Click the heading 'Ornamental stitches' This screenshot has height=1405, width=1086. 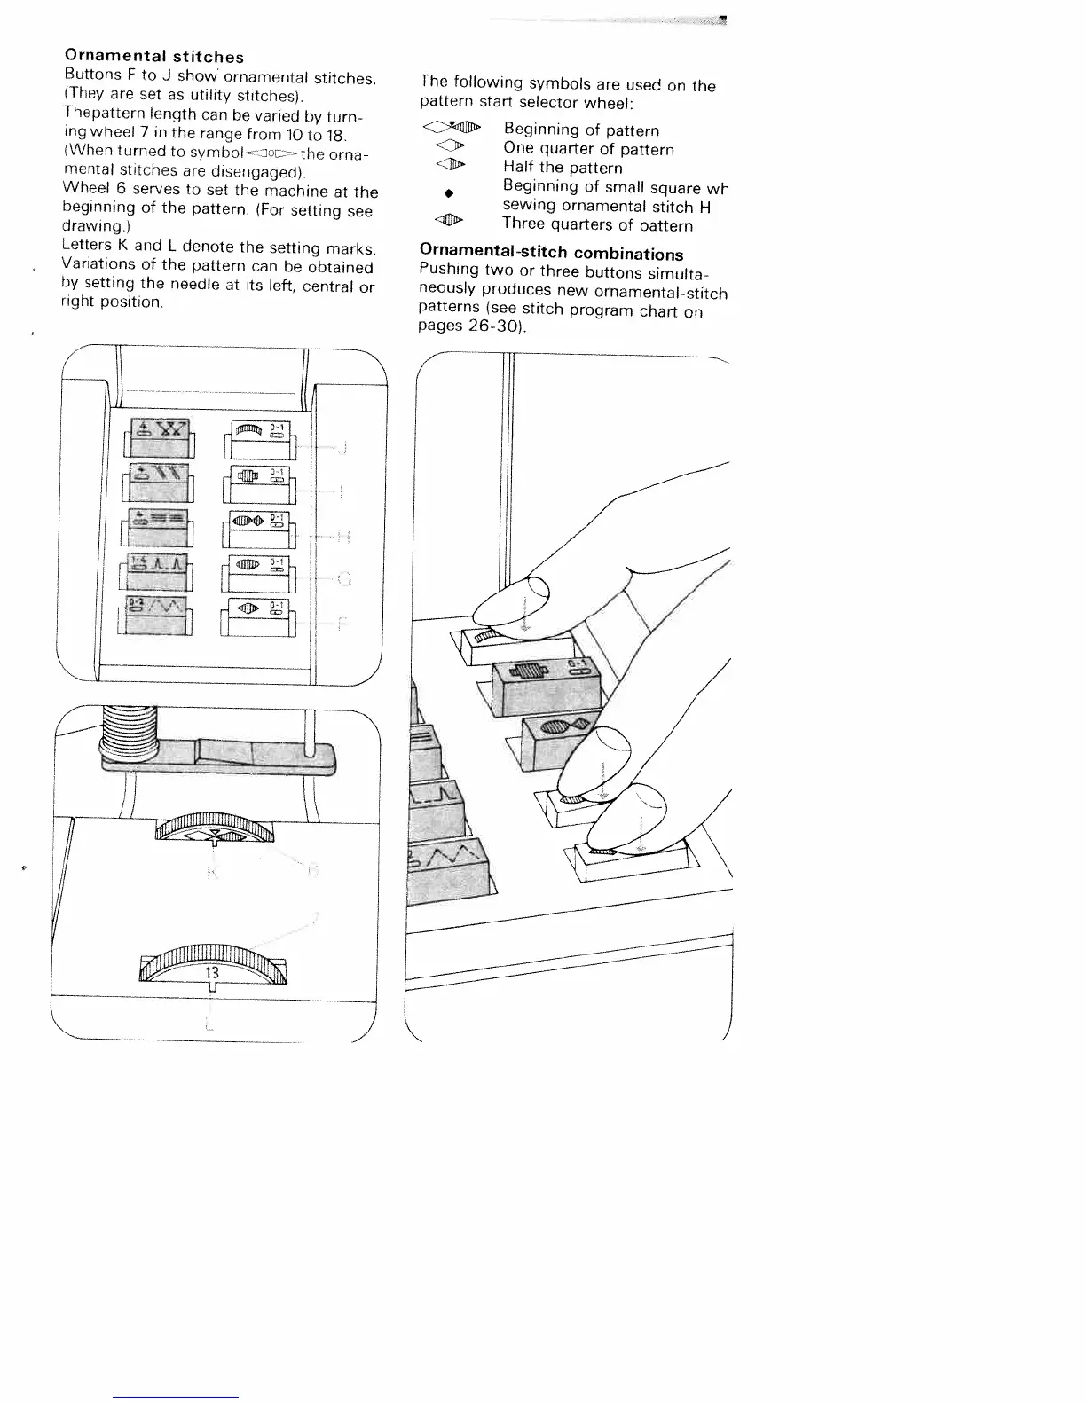pyautogui.click(x=154, y=58)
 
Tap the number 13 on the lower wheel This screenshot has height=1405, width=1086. pyautogui.click(x=212, y=972)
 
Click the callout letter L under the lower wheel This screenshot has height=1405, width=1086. pyautogui.click(x=209, y=1025)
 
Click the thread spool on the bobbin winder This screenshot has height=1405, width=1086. pyautogui.click(x=129, y=734)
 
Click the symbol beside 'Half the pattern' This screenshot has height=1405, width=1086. pyautogui.click(x=451, y=166)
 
